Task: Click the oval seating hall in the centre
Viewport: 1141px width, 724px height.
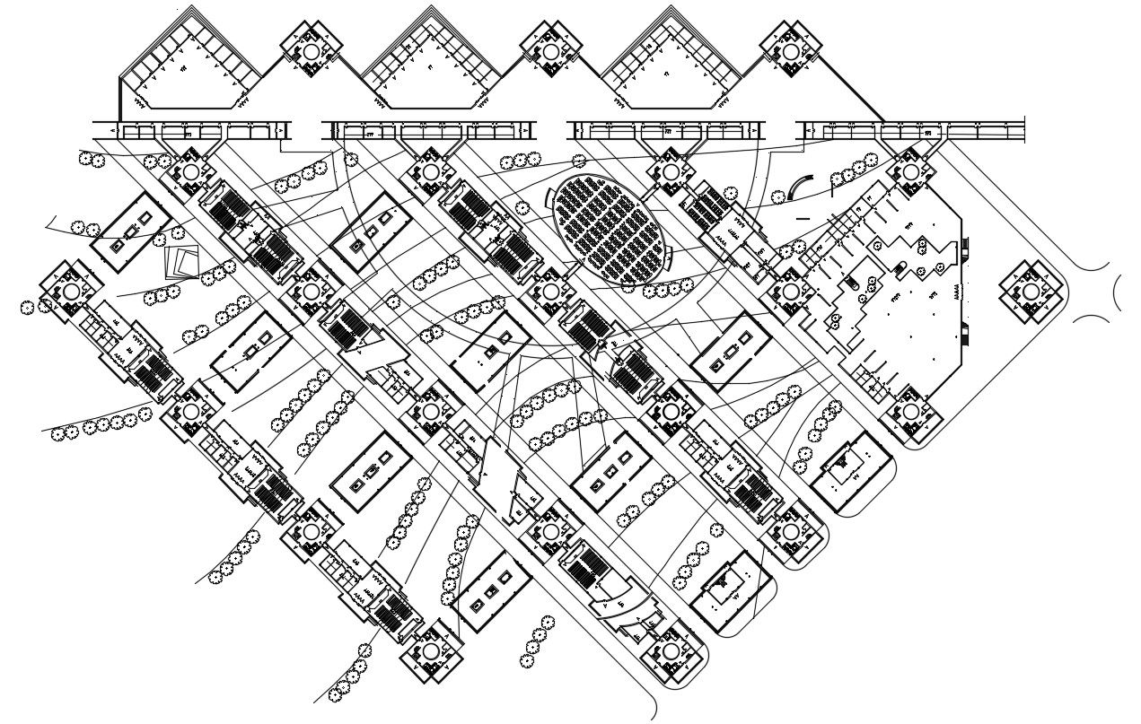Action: [x=611, y=228]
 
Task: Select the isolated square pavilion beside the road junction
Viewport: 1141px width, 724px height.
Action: [x=1031, y=292]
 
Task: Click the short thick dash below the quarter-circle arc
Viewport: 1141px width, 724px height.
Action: [x=802, y=218]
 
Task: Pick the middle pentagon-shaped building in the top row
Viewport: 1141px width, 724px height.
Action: [x=431, y=67]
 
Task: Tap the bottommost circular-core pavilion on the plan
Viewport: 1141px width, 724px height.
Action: [x=431, y=650]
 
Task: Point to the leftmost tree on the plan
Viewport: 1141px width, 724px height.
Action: [x=27, y=308]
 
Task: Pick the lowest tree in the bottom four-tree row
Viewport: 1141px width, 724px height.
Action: [x=527, y=661]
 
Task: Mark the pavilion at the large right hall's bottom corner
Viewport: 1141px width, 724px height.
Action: [x=910, y=411]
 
